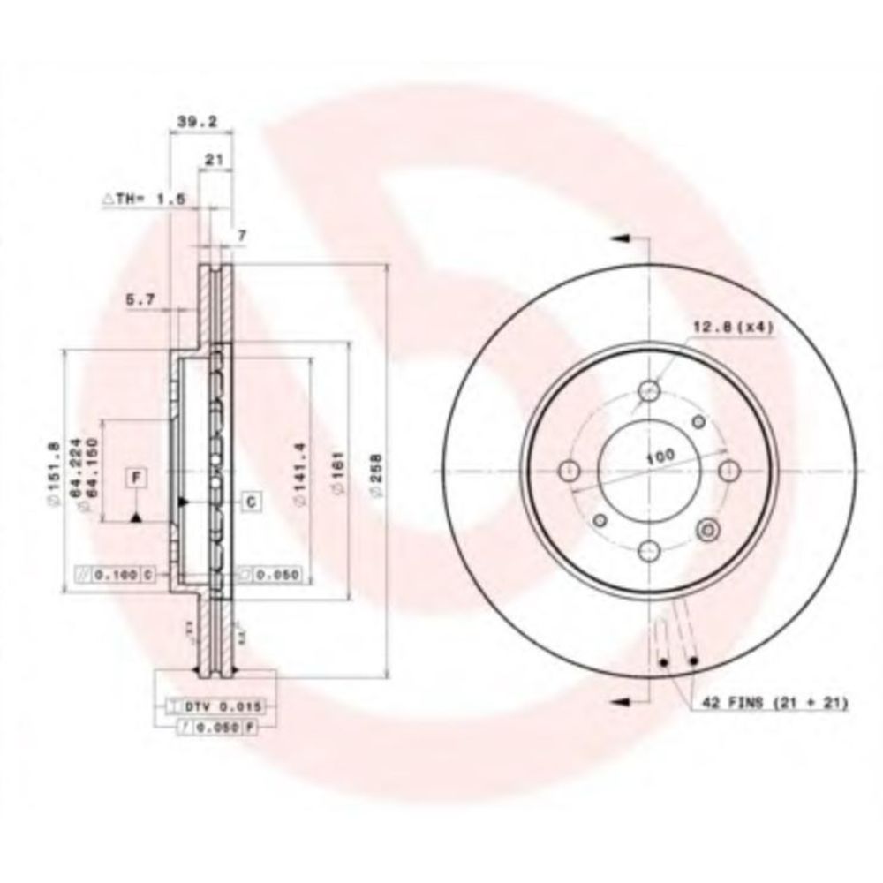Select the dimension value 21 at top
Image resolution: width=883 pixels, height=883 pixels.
point(212,160)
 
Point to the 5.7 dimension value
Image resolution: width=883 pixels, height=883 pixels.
point(141,301)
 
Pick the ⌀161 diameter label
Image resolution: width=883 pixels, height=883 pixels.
point(339,476)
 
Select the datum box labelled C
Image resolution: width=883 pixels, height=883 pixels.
point(250,502)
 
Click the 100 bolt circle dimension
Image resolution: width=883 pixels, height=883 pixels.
point(657,457)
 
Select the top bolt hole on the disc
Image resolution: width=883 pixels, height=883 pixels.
point(651,390)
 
